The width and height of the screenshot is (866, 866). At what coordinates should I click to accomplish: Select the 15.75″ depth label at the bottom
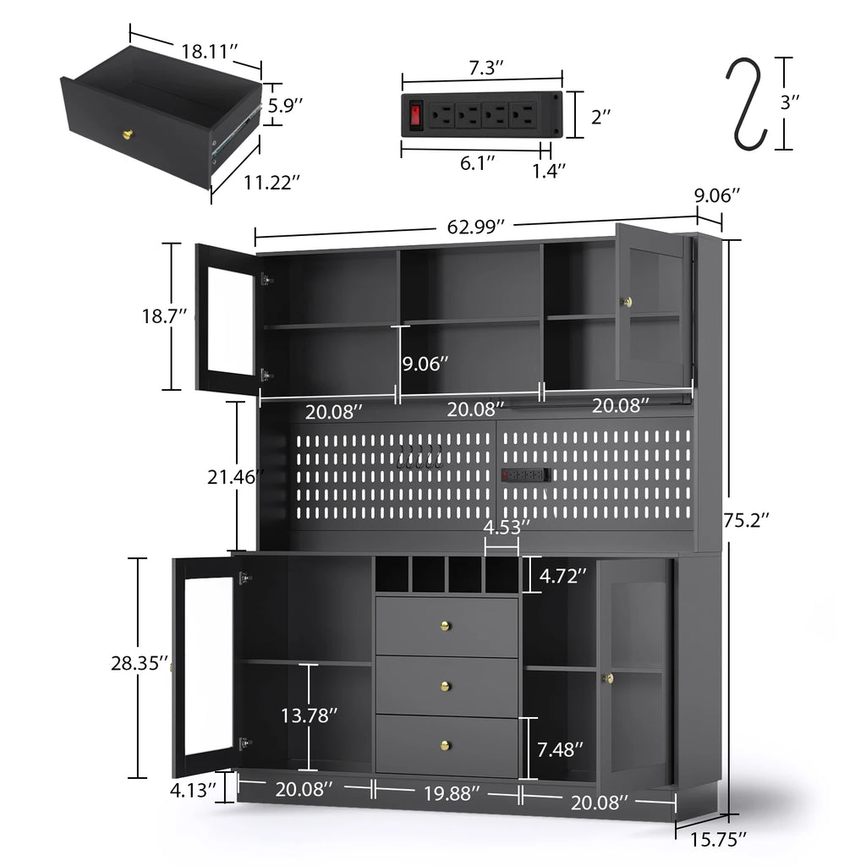coord(719,839)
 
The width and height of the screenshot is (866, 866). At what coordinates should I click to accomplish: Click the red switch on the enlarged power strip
coord(415,115)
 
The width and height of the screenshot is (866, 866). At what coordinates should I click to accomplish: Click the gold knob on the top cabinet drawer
coord(446,626)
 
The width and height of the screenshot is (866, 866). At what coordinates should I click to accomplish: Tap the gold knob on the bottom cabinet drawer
coord(446,744)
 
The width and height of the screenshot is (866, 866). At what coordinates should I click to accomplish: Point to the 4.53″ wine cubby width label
coord(507,526)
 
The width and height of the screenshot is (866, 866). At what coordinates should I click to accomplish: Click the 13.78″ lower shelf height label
coord(310,715)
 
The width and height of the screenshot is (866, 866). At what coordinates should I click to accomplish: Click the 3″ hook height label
coord(790,102)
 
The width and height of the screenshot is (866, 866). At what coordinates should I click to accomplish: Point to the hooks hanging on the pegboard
coord(420,458)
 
